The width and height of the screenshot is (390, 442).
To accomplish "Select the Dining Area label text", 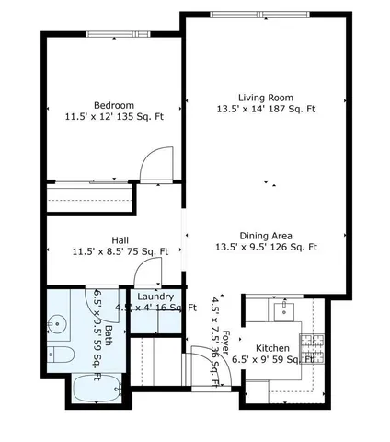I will pyautogui.click(x=265, y=235).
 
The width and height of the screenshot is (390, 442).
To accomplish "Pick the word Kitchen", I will pyautogui.click(x=273, y=347).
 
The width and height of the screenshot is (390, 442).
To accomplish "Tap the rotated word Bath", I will pyautogui.click(x=109, y=335).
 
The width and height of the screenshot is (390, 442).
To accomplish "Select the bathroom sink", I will pyautogui.click(x=56, y=324).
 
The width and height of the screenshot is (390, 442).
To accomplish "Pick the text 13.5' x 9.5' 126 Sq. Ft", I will pyautogui.click(x=265, y=248).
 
